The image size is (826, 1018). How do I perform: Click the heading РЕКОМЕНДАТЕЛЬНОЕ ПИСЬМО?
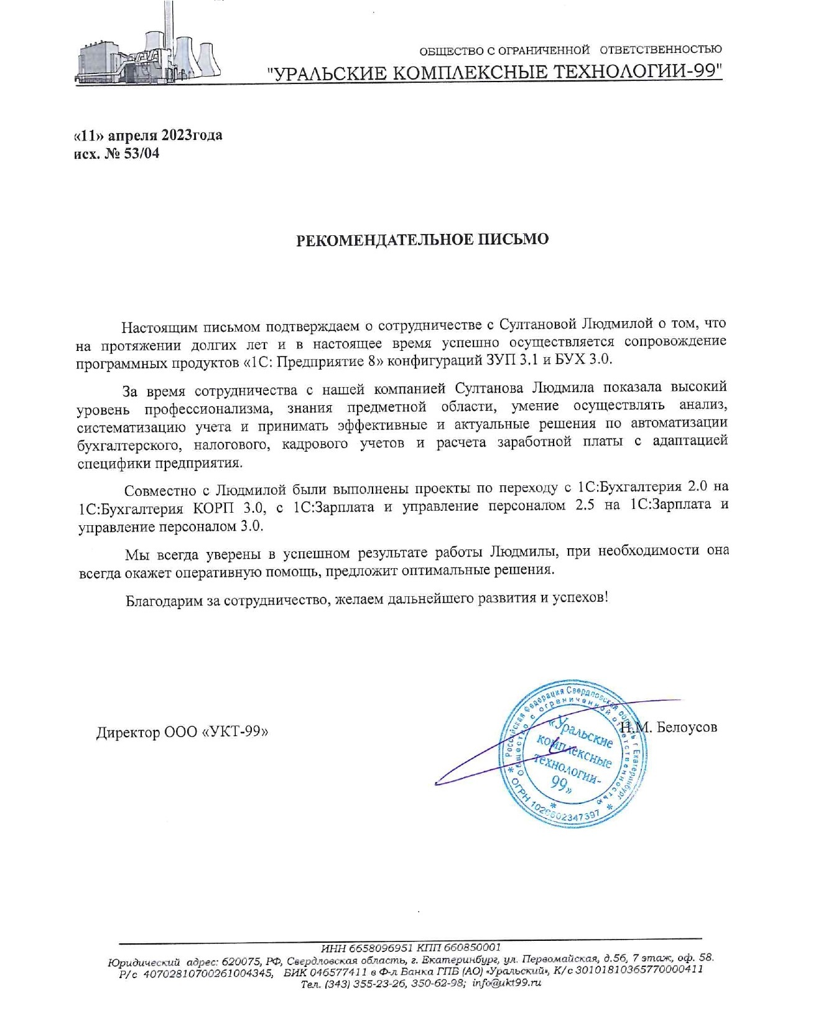(x=422, y=240)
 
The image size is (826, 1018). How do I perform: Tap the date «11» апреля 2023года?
(x=147, y=135)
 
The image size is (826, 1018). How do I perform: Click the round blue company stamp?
(x=576, y=752)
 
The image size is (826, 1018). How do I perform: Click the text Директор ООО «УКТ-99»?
(x=182, y=732)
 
